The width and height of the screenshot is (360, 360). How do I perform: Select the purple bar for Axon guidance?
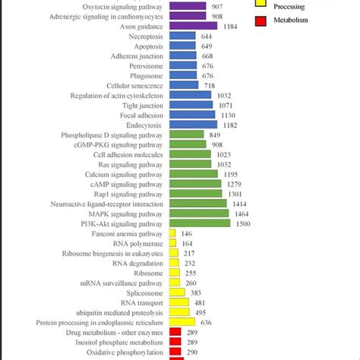pyautogui.click(x=193, y=26)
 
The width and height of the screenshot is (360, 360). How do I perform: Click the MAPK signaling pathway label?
pyautogui.click(x=121, y=214)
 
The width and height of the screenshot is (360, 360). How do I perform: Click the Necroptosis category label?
pyautogui.click(x=144, y=36)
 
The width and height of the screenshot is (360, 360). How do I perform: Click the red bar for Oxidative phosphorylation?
pyautogui.click(x=175, y=352)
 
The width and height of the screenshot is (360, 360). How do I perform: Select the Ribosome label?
pyautogui.click(x=149, y=273)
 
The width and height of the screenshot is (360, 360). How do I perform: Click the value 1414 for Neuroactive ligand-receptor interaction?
pyautogui.click(x=238, y=204)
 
